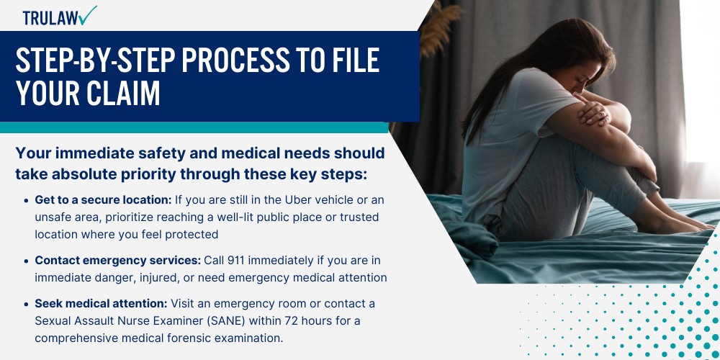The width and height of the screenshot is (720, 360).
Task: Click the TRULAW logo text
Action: tap(49, 18)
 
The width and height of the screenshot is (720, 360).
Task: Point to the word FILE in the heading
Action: tap(351, 63)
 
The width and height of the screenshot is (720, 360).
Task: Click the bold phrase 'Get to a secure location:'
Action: tap(101, 199)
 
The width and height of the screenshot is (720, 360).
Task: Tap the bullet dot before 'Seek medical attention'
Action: tap(27, 303)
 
